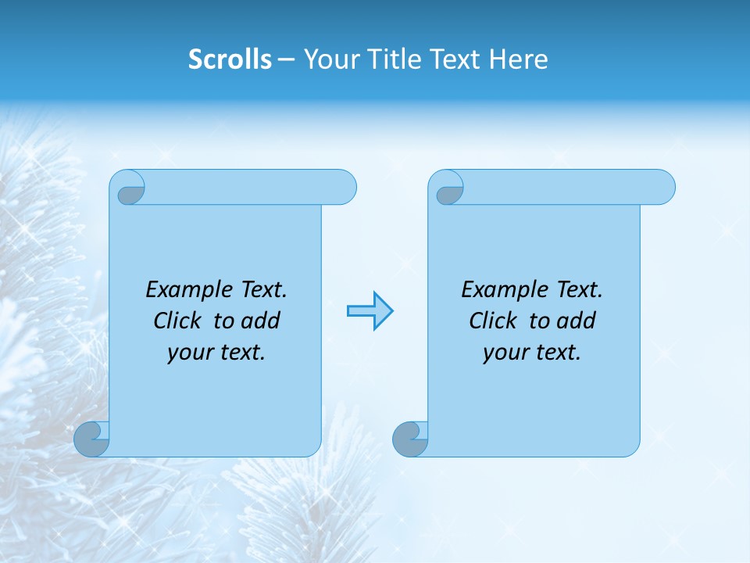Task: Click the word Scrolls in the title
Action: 230,59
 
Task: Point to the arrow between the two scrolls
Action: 370,311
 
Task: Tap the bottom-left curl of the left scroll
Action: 91,439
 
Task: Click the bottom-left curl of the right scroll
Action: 410,439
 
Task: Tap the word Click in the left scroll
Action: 177,321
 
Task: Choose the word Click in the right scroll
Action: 492,321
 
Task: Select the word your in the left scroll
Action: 190,353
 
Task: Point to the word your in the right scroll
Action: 505,353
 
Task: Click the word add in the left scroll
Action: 261,321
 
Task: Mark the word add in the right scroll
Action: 577,321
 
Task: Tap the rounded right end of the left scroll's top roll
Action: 344,187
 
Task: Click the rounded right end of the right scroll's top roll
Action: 662,187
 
